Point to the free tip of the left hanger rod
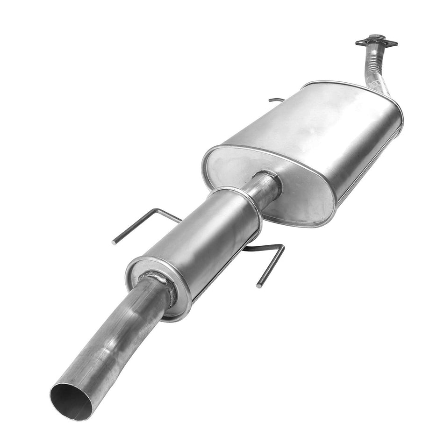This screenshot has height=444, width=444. click(114, 243)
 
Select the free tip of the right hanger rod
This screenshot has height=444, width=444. click(258, 286)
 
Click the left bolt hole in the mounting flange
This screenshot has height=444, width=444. click(361, 43)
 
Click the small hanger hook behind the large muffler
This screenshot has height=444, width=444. click(276, 100)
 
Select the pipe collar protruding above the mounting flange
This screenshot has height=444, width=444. click(374, 37)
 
